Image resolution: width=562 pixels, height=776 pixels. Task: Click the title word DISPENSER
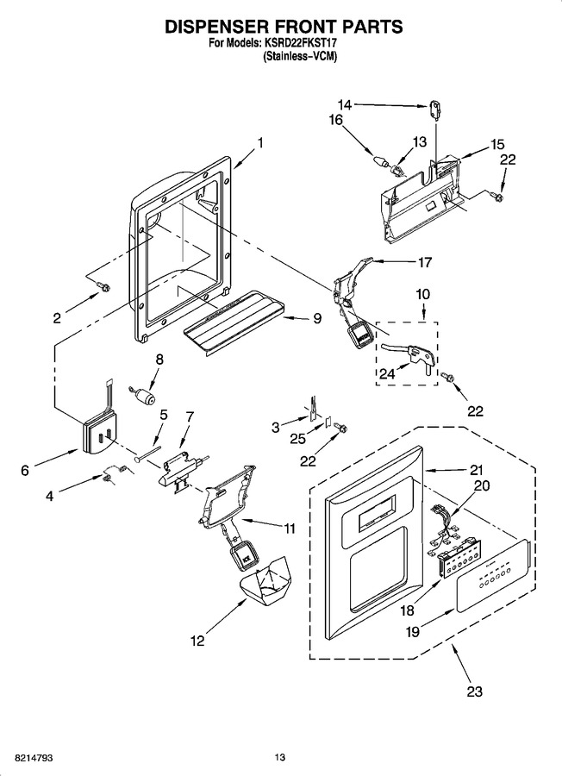pyautogui.click(x=228, y=27)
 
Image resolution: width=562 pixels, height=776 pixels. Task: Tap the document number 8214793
pyautogui.click(x=33, y=758)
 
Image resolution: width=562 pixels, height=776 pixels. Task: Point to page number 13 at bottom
pyautogui.click(x=280, y=758)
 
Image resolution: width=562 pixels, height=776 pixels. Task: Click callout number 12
pyautogui.click(x=197, y=641)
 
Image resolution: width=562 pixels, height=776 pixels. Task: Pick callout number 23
pyautogui.click(x=474, y=691)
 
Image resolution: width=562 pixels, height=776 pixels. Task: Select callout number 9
pyautogui.click(x=317, y=317)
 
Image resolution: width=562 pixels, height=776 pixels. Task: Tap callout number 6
pyautogui.click(x=25, y=470)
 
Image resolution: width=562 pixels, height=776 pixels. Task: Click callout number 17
pyautogui.click(x=424, y=262)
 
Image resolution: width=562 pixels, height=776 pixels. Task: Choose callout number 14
pyautogui.click(x=345, y=104)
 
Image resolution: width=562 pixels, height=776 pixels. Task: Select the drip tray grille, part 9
pyautogui.click(x=234, y=322)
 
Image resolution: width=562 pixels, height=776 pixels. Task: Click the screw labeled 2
pyautogui.click(x=104, y=286)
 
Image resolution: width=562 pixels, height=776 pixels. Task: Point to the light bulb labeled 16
pyautogui.click(x=380, y=161)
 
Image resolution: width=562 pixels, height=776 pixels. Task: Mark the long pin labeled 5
pyautogui.click(x=147, y=454)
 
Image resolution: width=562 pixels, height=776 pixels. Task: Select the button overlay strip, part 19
pyautogui.click(x=495, y=574)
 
